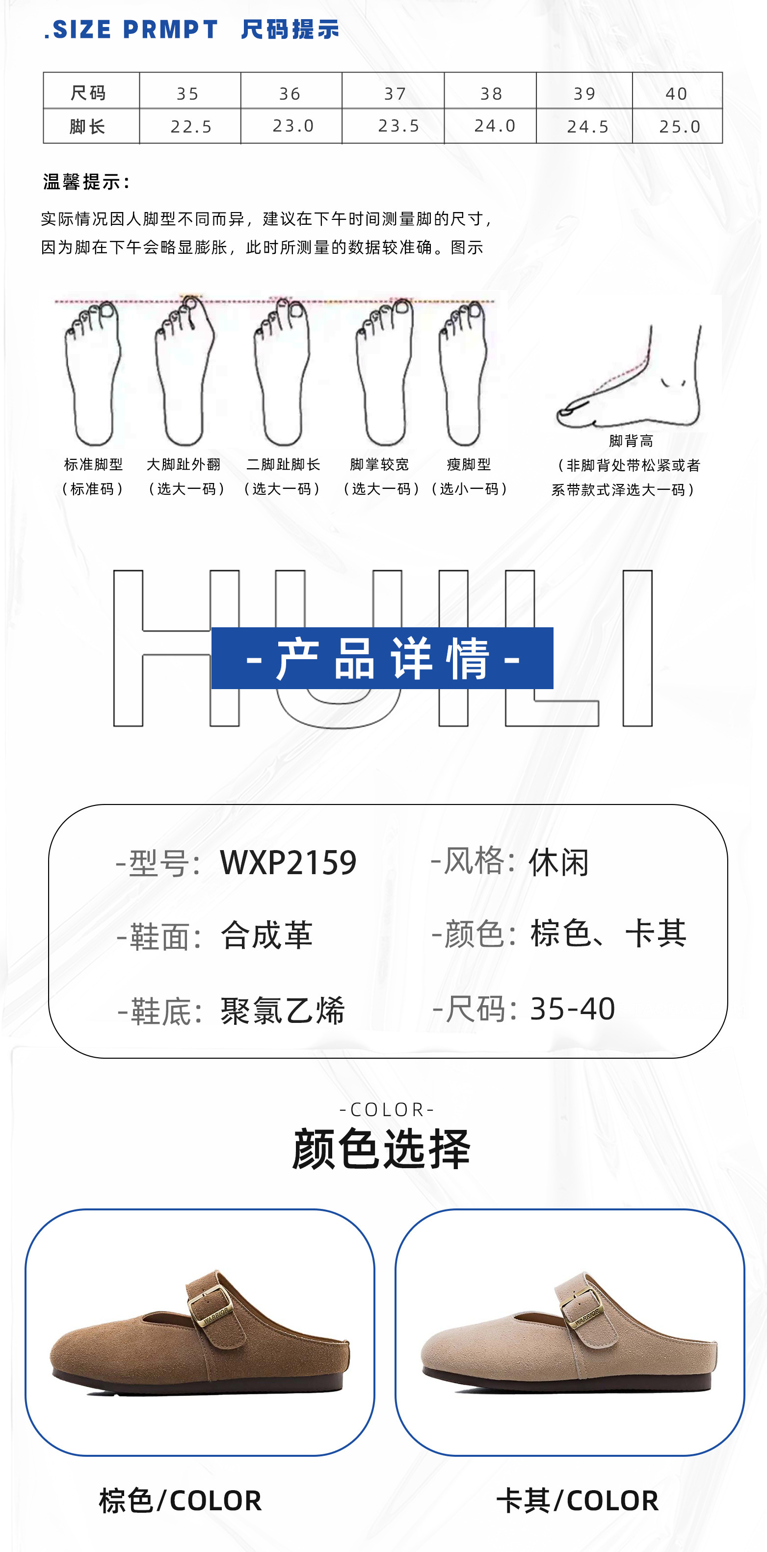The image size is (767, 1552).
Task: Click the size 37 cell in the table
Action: pos(395,93)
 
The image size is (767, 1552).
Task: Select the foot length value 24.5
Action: pos(587,127)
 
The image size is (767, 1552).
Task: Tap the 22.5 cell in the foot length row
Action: pos(191,127)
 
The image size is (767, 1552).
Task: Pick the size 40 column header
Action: pos(676,93)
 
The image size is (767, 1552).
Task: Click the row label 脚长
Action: pos(88,127)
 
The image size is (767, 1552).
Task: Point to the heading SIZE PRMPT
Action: pos(132,29)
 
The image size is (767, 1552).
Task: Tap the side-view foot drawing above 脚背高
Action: pos(630,379)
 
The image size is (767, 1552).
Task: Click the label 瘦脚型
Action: pos(469,464)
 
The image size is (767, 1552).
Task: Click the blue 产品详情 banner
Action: pos(382,658)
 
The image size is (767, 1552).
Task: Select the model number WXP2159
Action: pos(288,862)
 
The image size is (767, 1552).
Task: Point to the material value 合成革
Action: pos(266,936)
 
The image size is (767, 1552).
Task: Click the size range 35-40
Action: pos(572,1009)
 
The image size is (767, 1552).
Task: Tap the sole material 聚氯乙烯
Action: pos(283,1010)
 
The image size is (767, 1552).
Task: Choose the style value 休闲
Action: pos(558,862)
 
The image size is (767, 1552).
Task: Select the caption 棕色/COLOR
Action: pos(180,1500)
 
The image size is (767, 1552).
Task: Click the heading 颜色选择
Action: pos(381,1149)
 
